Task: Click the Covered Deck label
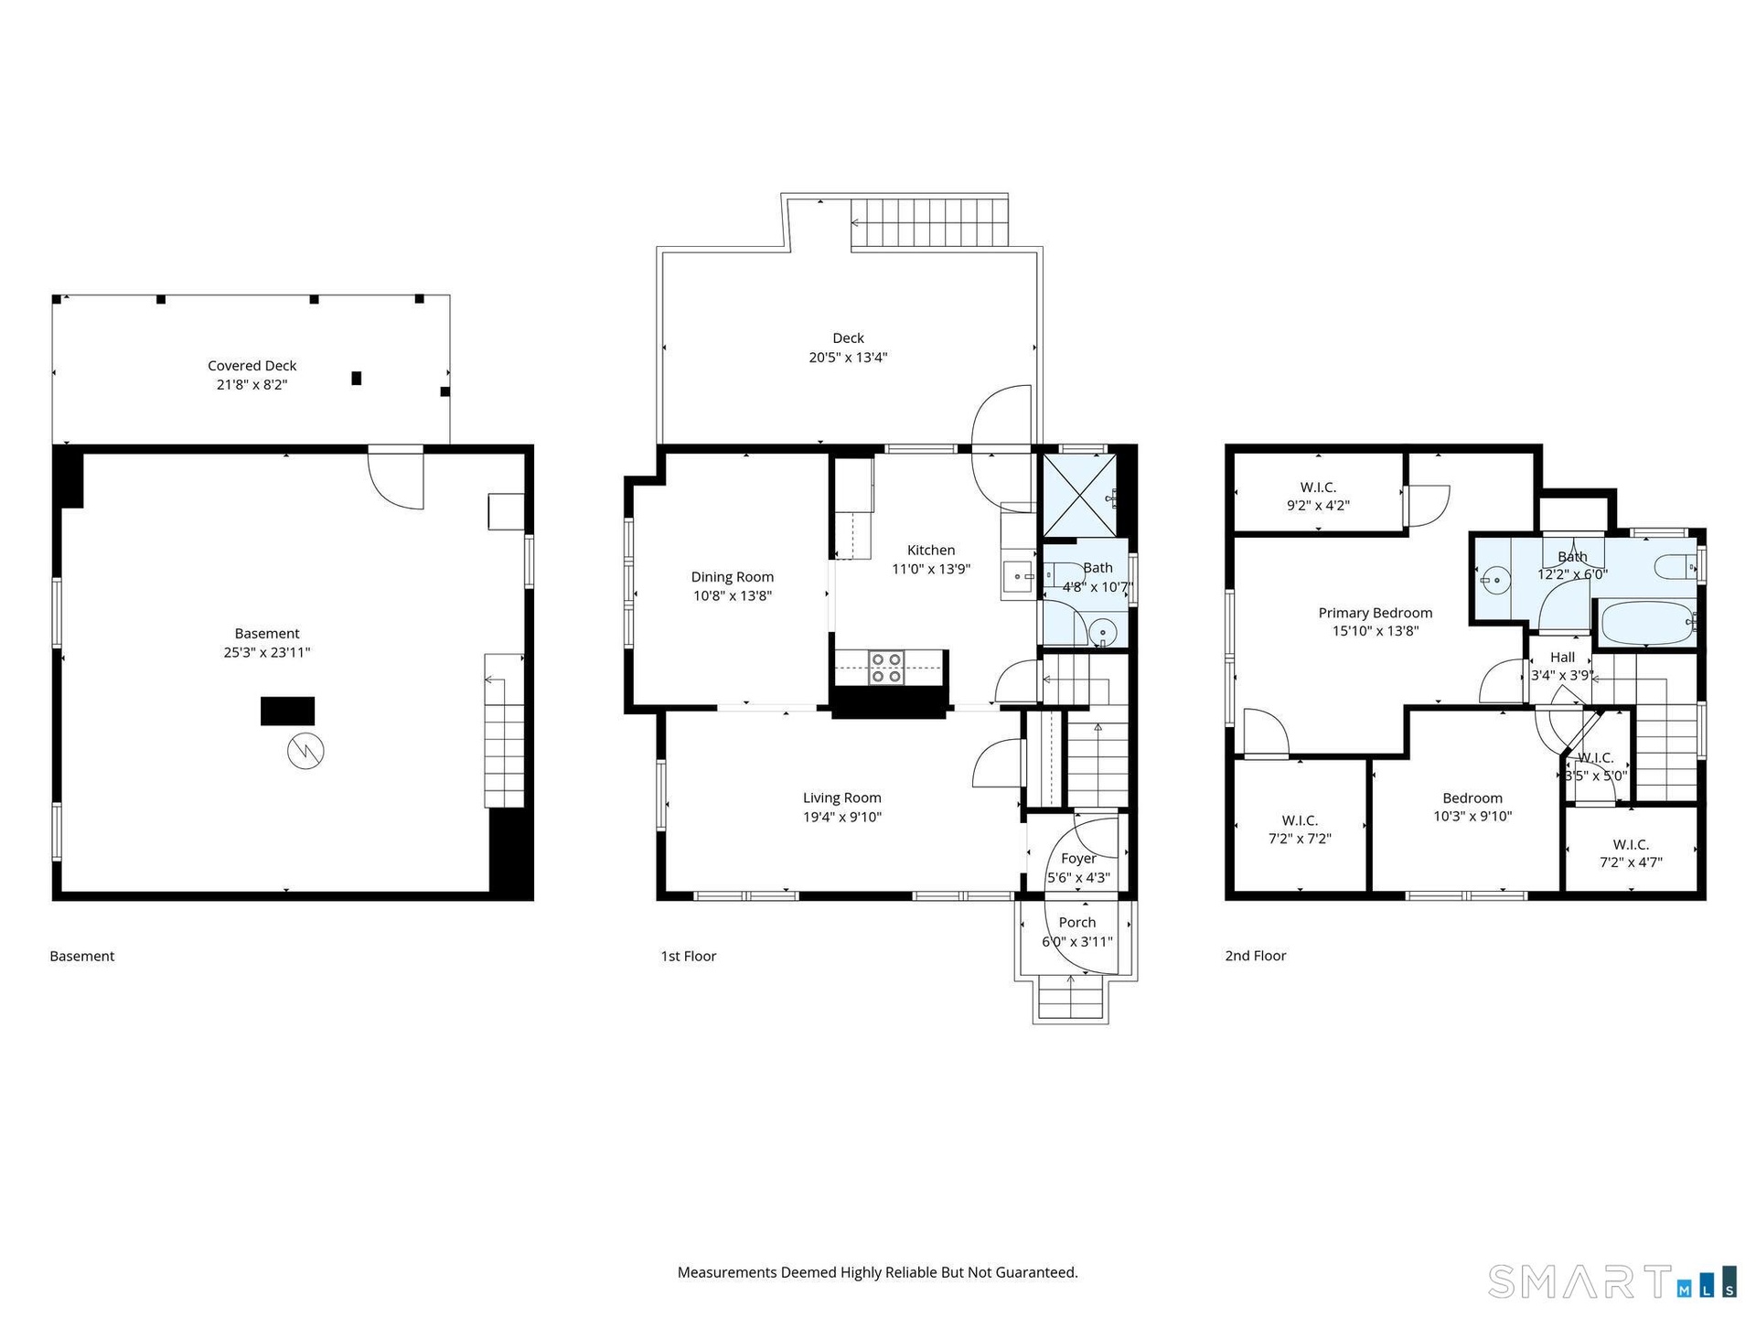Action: [252, 366]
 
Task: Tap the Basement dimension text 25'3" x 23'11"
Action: [267, 652]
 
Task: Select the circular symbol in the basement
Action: [305, 751]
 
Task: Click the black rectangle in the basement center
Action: [288, 712]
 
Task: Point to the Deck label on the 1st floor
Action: [848, 338]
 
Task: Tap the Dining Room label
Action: [732, 576]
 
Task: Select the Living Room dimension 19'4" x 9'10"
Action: [842, 817]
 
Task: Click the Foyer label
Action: [1078, 858]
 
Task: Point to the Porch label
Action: [1077, 922]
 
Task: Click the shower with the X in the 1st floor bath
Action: [1080, 495]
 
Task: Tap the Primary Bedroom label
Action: [1375, 613]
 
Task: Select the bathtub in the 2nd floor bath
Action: [1645, 624]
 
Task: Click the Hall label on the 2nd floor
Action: [1562, 657]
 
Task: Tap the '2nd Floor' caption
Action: [1256, 956]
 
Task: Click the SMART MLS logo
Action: [1612, 1281]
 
